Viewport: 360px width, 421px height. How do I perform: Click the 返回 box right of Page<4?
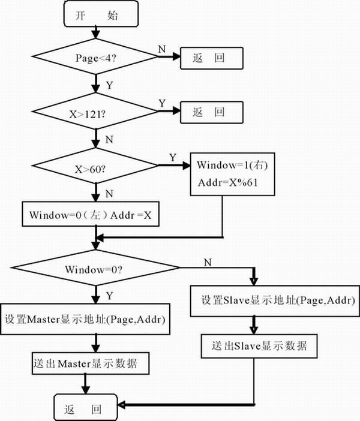tap(210, 58)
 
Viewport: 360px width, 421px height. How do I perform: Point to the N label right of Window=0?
tap(208, 262)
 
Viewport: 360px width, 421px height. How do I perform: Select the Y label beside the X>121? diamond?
tap(161, 104)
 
